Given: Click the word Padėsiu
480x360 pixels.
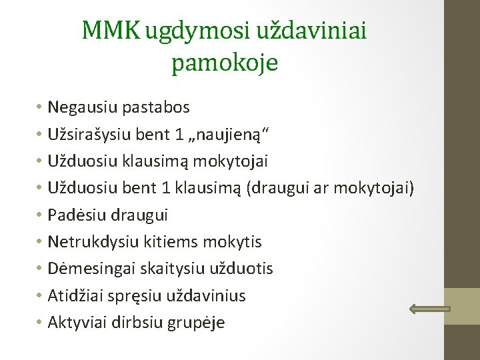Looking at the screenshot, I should (x=75, y=215).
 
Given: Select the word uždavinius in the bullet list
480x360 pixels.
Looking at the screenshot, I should (x=207, y=295).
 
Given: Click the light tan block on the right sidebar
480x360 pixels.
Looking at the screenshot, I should (x=462, y=306).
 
